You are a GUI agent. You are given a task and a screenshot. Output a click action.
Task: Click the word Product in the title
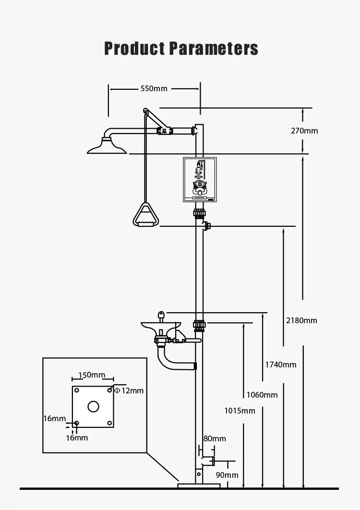pos(134,49)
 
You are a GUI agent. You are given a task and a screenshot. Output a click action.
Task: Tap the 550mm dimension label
pos(154,88)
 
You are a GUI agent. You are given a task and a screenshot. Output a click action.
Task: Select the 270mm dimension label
pos(304,131)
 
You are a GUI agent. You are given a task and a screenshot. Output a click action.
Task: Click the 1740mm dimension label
pos(281,364)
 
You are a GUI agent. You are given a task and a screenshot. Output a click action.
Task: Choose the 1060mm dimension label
pos(262,395)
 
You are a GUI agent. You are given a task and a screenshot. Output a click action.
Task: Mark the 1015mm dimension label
pos(240,411)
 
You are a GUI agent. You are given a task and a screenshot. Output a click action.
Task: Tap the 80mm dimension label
pos(215,438)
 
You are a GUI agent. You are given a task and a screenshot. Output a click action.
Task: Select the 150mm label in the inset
pos(92,375)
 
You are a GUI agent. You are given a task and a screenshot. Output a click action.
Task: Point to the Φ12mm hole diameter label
pos(129,390)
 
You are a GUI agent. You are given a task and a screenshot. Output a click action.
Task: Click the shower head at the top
pos(107,146)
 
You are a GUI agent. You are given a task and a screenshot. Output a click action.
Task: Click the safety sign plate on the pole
pos(200,180)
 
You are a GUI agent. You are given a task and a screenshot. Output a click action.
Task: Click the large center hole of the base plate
pos(93,407)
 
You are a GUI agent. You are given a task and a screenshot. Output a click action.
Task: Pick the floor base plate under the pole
pos(199,486)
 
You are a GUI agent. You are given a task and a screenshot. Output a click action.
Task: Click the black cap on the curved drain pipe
pos(195,366)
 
